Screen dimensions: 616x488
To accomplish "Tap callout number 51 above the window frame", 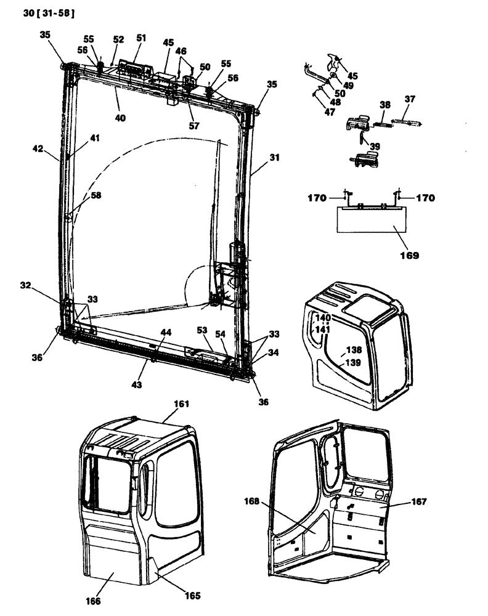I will point(142,38).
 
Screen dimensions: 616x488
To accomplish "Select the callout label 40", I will point(121,117).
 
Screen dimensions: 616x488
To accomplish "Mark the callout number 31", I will point(274,158).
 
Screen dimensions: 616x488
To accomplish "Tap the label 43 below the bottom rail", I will point(136,384).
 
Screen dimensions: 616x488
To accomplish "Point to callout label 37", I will point(410,99).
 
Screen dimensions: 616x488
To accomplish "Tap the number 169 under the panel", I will point(408,254).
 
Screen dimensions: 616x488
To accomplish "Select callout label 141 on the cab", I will point(323,330).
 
